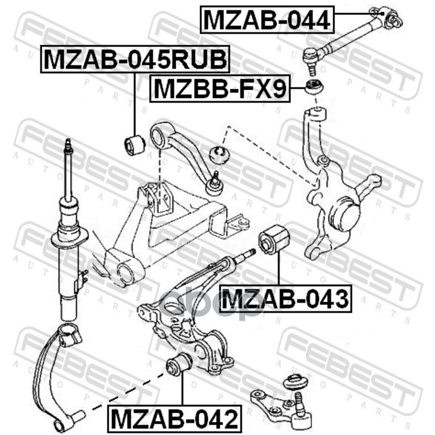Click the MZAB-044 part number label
click(266, 20)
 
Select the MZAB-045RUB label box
click(135, 59)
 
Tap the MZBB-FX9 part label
click(220, 89)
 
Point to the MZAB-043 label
click(285, 299)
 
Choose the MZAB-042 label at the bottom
click(175, 418)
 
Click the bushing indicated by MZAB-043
click(275, 241)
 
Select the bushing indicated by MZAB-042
click(179, 364)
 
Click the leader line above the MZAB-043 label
click(278, 271)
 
